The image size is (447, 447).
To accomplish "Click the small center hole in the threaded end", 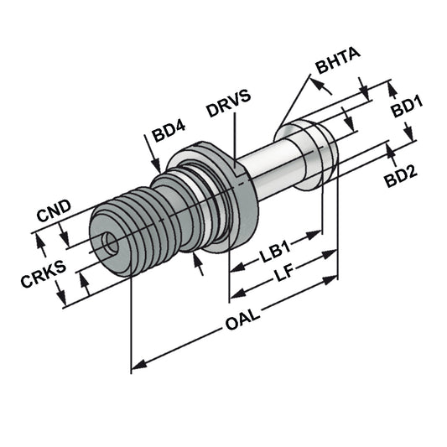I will [x=107, y=242].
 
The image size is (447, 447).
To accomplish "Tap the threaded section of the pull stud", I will [x=143, y=226].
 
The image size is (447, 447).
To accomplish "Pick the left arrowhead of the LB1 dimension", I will [x=235, y=269].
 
